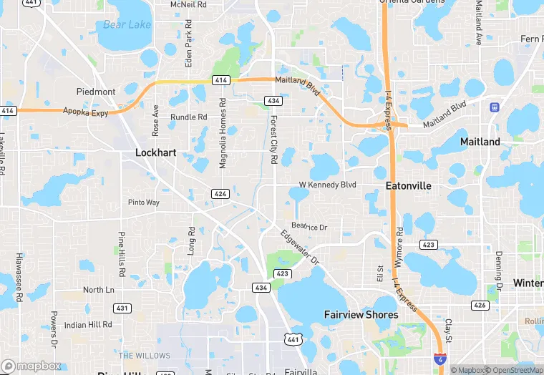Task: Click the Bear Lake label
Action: [127, 25]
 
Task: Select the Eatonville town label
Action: [408, 185]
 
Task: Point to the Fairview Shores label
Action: [361, 315]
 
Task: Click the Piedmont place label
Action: [96, 92]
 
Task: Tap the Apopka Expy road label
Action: [84, 112]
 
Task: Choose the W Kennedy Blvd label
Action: [327, 185]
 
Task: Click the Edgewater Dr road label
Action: [299, 247]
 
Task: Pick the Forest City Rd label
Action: [273, 139]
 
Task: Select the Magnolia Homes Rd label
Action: [223, 133]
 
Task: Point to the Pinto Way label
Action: [143, 203]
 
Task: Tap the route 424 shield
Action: [220, 194]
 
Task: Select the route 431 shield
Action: [122, 308]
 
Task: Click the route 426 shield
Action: [480, 306]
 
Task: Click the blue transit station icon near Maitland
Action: [494, 107]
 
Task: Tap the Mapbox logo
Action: [31, 366]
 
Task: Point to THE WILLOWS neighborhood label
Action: [145, 356]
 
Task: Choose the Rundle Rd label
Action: [188, 117]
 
